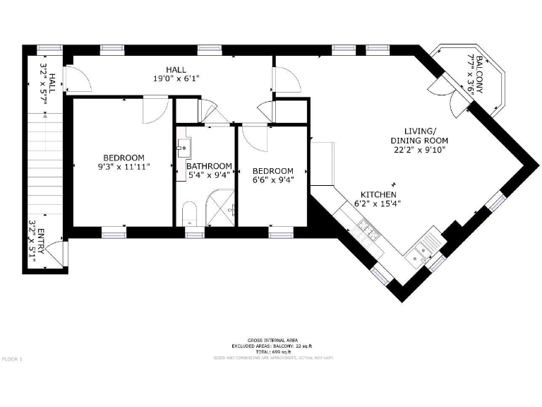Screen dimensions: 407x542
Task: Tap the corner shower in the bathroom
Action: coord(221,211)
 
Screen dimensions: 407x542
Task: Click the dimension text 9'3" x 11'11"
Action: coord(124,167)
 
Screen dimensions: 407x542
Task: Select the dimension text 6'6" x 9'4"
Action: coord(272,179)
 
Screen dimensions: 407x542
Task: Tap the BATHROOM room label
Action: coord(209,166)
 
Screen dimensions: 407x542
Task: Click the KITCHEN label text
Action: coord(378,195)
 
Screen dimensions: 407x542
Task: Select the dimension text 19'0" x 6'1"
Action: coord(176,78)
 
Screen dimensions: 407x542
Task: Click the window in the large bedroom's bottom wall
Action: coord(113,231)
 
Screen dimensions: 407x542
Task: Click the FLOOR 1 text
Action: coord(12,360)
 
